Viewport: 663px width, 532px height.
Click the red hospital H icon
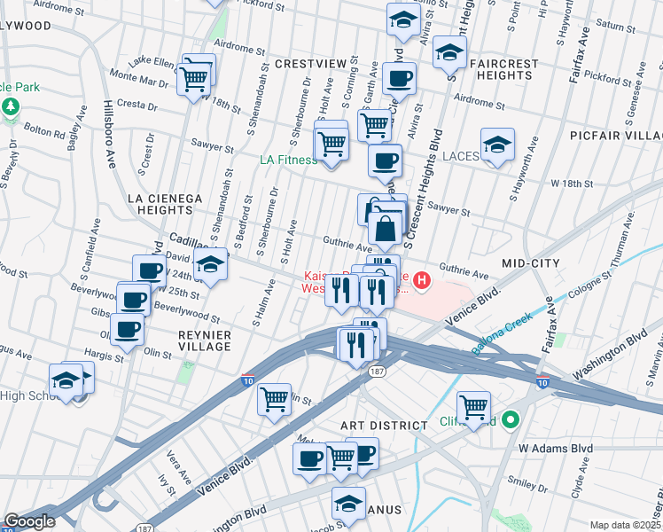click(422, 282)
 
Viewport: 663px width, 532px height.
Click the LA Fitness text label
click(287, 160)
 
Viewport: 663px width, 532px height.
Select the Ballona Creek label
click(503, 332)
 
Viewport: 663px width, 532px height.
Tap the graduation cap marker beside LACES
click(497, 145)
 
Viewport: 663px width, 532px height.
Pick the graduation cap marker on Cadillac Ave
click(210, 265)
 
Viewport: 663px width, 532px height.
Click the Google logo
click(29, 521)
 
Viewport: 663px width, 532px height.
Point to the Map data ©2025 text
click(625, 525)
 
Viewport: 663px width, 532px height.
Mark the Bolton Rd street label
click(46, 134)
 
